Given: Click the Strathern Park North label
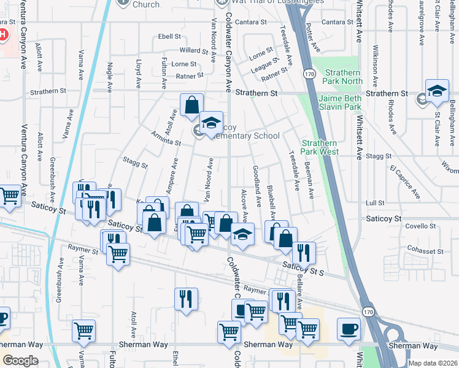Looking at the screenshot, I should tap(343, 77).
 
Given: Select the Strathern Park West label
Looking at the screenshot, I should tap(320, 147).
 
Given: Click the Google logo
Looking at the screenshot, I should tap(20, 361).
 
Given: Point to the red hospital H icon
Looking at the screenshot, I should tap(2, 34).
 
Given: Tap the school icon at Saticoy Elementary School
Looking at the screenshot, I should tap(211, 124).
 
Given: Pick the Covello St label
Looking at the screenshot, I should tap(420, 226).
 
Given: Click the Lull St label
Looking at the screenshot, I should tap(374, 202).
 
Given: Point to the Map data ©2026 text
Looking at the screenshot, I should tap(432, 363).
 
